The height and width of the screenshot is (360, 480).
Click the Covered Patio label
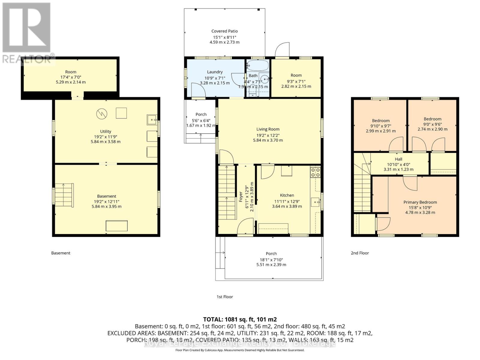point(224,31)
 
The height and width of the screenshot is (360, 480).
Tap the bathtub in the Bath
point(257,65)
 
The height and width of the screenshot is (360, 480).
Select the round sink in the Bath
point(265,79)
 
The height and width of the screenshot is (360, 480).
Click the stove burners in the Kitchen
point(315,172)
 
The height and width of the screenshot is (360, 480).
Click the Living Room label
point(268,129)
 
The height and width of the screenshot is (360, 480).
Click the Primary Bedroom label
point(420,202)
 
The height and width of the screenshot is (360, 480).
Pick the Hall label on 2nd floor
point(398,159)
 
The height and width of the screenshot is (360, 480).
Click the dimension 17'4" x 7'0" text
point(71,77)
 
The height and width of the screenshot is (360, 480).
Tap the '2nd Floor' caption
point(360,253)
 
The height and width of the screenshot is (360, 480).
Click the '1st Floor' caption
point(225,297)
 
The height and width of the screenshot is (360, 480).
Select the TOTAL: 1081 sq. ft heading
point(240,319)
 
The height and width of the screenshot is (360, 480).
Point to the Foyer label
point(241,197)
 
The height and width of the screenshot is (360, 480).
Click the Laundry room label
point(215,72)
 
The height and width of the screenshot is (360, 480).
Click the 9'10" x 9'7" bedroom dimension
point(380,126)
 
